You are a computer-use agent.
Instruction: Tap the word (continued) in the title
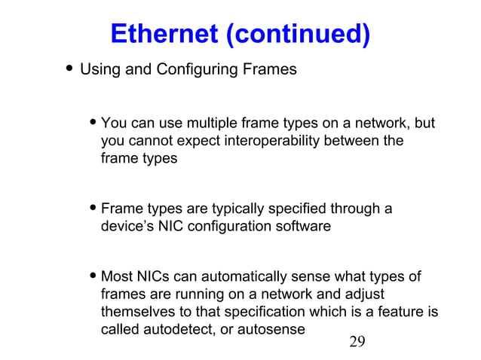(x=295, y=34)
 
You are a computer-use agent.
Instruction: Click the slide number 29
(x=357, y=343)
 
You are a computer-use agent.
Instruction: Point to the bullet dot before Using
(x=69, y=70)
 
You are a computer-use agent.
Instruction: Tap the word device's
(x=126, y=227)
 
